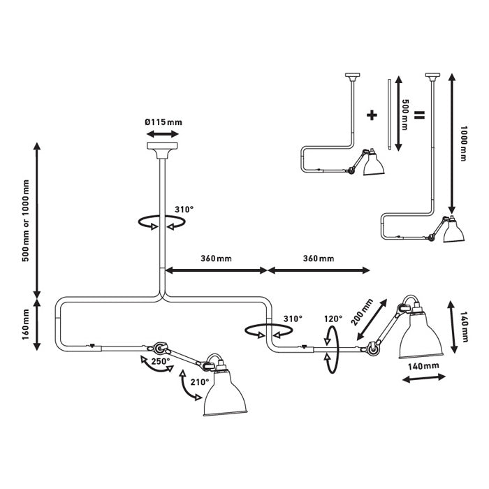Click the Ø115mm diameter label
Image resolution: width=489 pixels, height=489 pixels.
point(163,122)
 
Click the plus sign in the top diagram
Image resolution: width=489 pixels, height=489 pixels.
point(371,113)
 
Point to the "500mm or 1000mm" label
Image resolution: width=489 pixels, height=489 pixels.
point(26,221)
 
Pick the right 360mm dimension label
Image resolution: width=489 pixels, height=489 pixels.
point(318,258)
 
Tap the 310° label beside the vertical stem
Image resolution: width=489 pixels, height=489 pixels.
point(184,209)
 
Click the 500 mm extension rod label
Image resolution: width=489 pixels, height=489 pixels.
point(405,113)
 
